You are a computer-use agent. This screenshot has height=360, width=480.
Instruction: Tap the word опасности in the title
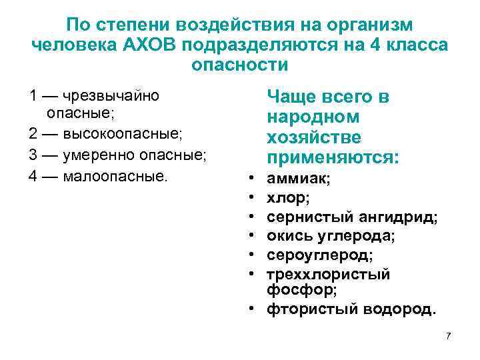240,66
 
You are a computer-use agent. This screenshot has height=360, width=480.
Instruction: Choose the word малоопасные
117,178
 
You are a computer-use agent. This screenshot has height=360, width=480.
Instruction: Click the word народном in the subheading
313,117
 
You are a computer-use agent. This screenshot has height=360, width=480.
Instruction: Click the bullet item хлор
287,198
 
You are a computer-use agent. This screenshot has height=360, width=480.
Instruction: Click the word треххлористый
329,274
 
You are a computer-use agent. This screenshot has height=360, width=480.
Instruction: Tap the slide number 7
448,335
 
